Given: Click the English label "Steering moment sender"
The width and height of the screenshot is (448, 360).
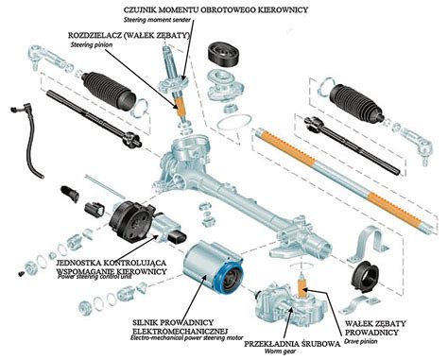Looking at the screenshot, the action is (x=157, y=20).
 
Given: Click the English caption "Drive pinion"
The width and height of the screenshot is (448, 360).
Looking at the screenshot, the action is (x=361, y=341).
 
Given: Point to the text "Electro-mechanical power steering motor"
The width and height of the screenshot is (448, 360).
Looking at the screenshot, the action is (x=187, y=338).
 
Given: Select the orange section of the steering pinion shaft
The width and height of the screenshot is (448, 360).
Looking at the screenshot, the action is (x=181, y=107).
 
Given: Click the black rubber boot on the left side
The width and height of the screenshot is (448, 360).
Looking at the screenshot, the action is (x=108, y=91).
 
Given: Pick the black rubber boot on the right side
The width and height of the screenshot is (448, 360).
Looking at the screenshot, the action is (x=356, y=103).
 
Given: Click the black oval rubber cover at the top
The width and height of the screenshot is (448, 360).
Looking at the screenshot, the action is (x=225, y=53).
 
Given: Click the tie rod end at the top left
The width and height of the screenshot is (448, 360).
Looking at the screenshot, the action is (x=48, y=58).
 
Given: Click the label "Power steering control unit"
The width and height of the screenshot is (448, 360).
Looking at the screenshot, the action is (x=95, y=277).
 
